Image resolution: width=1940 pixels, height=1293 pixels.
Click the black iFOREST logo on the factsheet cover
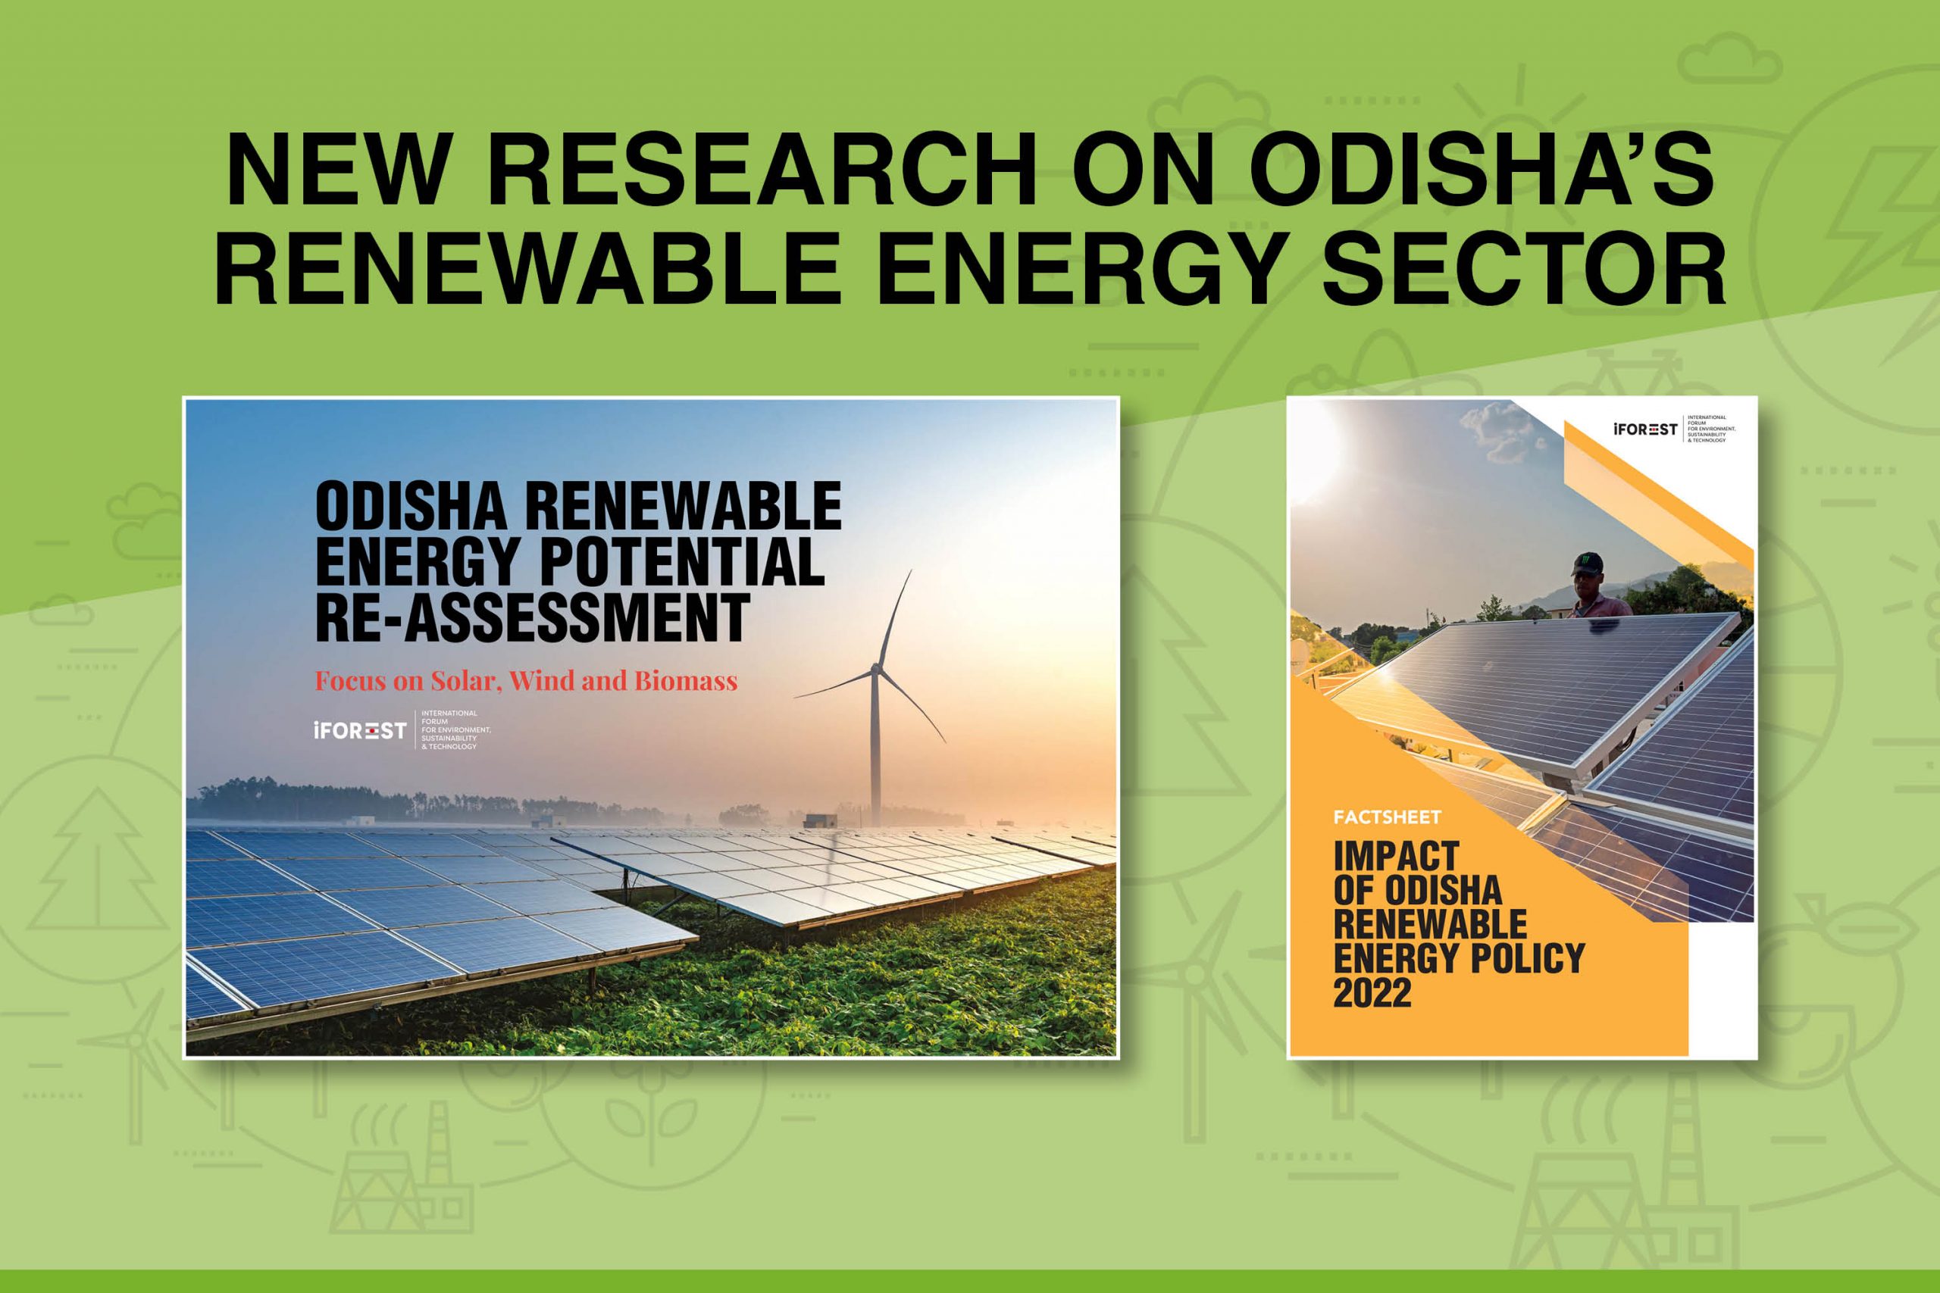1644,429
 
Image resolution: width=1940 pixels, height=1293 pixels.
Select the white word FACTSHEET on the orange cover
1388,817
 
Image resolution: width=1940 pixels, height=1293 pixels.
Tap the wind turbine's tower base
875,821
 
